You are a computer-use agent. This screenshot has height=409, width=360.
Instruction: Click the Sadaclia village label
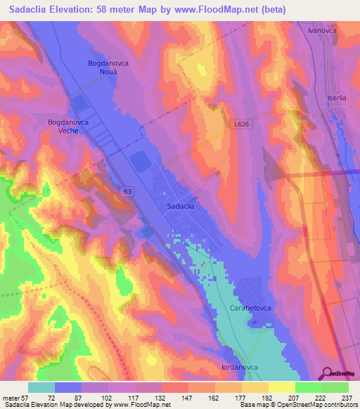(x=181, y=207)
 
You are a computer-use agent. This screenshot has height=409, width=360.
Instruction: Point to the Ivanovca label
(x=323, y=32)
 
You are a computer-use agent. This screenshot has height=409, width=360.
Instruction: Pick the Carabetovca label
(x=250, y=309)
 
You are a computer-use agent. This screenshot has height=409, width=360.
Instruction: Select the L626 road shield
(x=241, y=124)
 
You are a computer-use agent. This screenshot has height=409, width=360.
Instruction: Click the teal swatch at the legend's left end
(x=41, y=387)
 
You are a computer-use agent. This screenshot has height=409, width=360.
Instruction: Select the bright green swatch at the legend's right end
(x=335, y=387)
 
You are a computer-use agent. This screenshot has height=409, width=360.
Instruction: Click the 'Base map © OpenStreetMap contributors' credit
(x=297, y=405)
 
